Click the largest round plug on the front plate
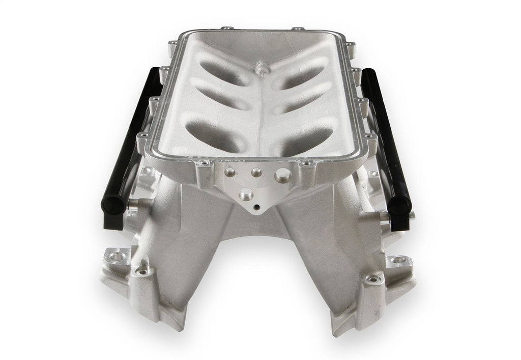pos(283,175)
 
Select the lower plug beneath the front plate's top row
pos(247,193)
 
